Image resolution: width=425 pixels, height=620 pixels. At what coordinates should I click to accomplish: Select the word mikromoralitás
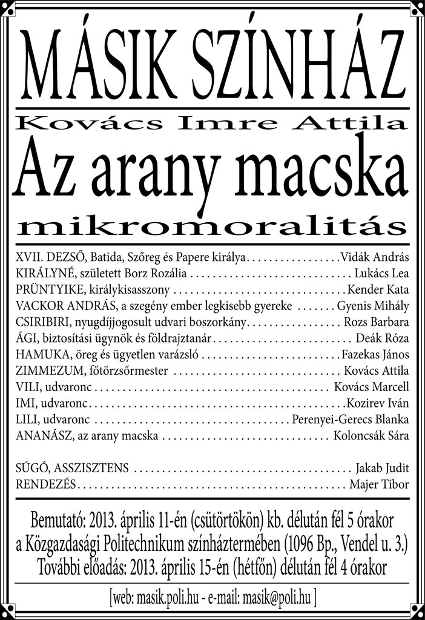[x=212, y=227]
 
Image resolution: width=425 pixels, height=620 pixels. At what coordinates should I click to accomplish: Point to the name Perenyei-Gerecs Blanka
[x=351, y=420]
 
